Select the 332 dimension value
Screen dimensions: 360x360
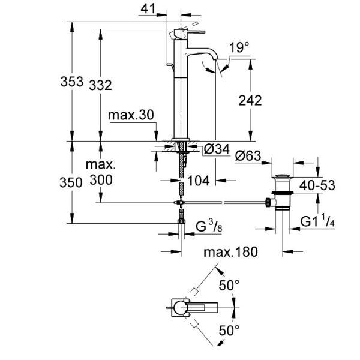(100, 85)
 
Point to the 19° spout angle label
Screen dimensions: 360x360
(239, 47)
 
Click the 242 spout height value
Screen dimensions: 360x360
(250, 100)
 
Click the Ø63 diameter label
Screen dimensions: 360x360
(248, 156)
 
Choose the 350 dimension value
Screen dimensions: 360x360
(71, 182)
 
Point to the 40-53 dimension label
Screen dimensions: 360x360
(316, 185)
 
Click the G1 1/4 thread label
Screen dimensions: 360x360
(318, 221)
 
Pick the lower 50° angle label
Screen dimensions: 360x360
(229, 329)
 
